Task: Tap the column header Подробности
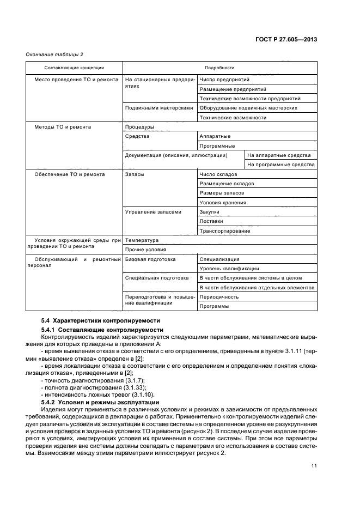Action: point(219,68)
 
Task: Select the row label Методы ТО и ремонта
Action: point(63,127)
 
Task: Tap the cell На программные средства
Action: point(280,165)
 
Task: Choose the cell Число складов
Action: point(218,174)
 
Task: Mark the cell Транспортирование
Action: point(225,231)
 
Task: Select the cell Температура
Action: point(142,240)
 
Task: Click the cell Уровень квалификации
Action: point(229,269)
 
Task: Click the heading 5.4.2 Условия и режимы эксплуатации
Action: point(100,402)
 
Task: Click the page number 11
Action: point(314,481)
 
